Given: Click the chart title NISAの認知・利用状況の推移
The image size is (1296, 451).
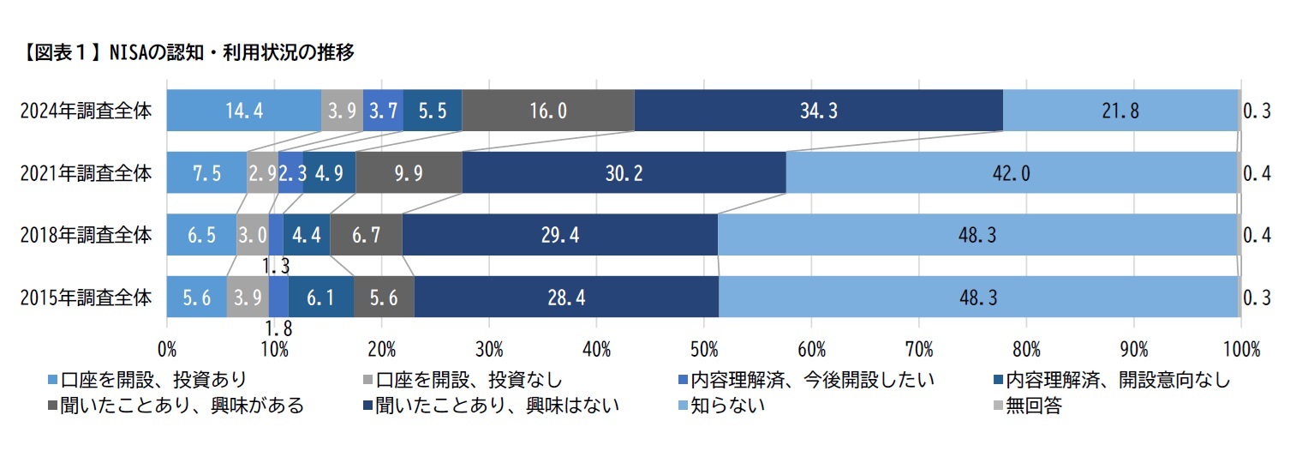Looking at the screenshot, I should point(184,53).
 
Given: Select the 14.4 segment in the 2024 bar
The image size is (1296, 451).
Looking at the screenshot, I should point(243,111).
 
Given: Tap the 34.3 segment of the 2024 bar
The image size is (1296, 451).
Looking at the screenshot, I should point(818,111).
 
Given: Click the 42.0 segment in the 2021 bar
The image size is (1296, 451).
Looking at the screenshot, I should point(1012,173).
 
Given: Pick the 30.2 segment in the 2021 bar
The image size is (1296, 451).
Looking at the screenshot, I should point(624,173).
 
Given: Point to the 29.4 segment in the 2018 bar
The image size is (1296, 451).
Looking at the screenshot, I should point(559,235).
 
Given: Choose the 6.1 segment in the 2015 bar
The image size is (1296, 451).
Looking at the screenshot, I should point(320,298).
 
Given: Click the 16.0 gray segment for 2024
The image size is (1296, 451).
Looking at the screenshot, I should point(547,111).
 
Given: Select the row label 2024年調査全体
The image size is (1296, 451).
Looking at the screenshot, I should point(86,111).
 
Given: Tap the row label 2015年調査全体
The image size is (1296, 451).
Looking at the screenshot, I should point(86,298).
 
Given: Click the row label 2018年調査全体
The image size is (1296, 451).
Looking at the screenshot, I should point(86,235).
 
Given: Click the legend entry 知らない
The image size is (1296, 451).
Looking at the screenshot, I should point(728,406).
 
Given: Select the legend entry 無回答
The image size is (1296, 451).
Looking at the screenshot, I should point(1033,406).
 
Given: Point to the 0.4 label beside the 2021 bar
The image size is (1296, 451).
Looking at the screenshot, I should point(1257,173).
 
